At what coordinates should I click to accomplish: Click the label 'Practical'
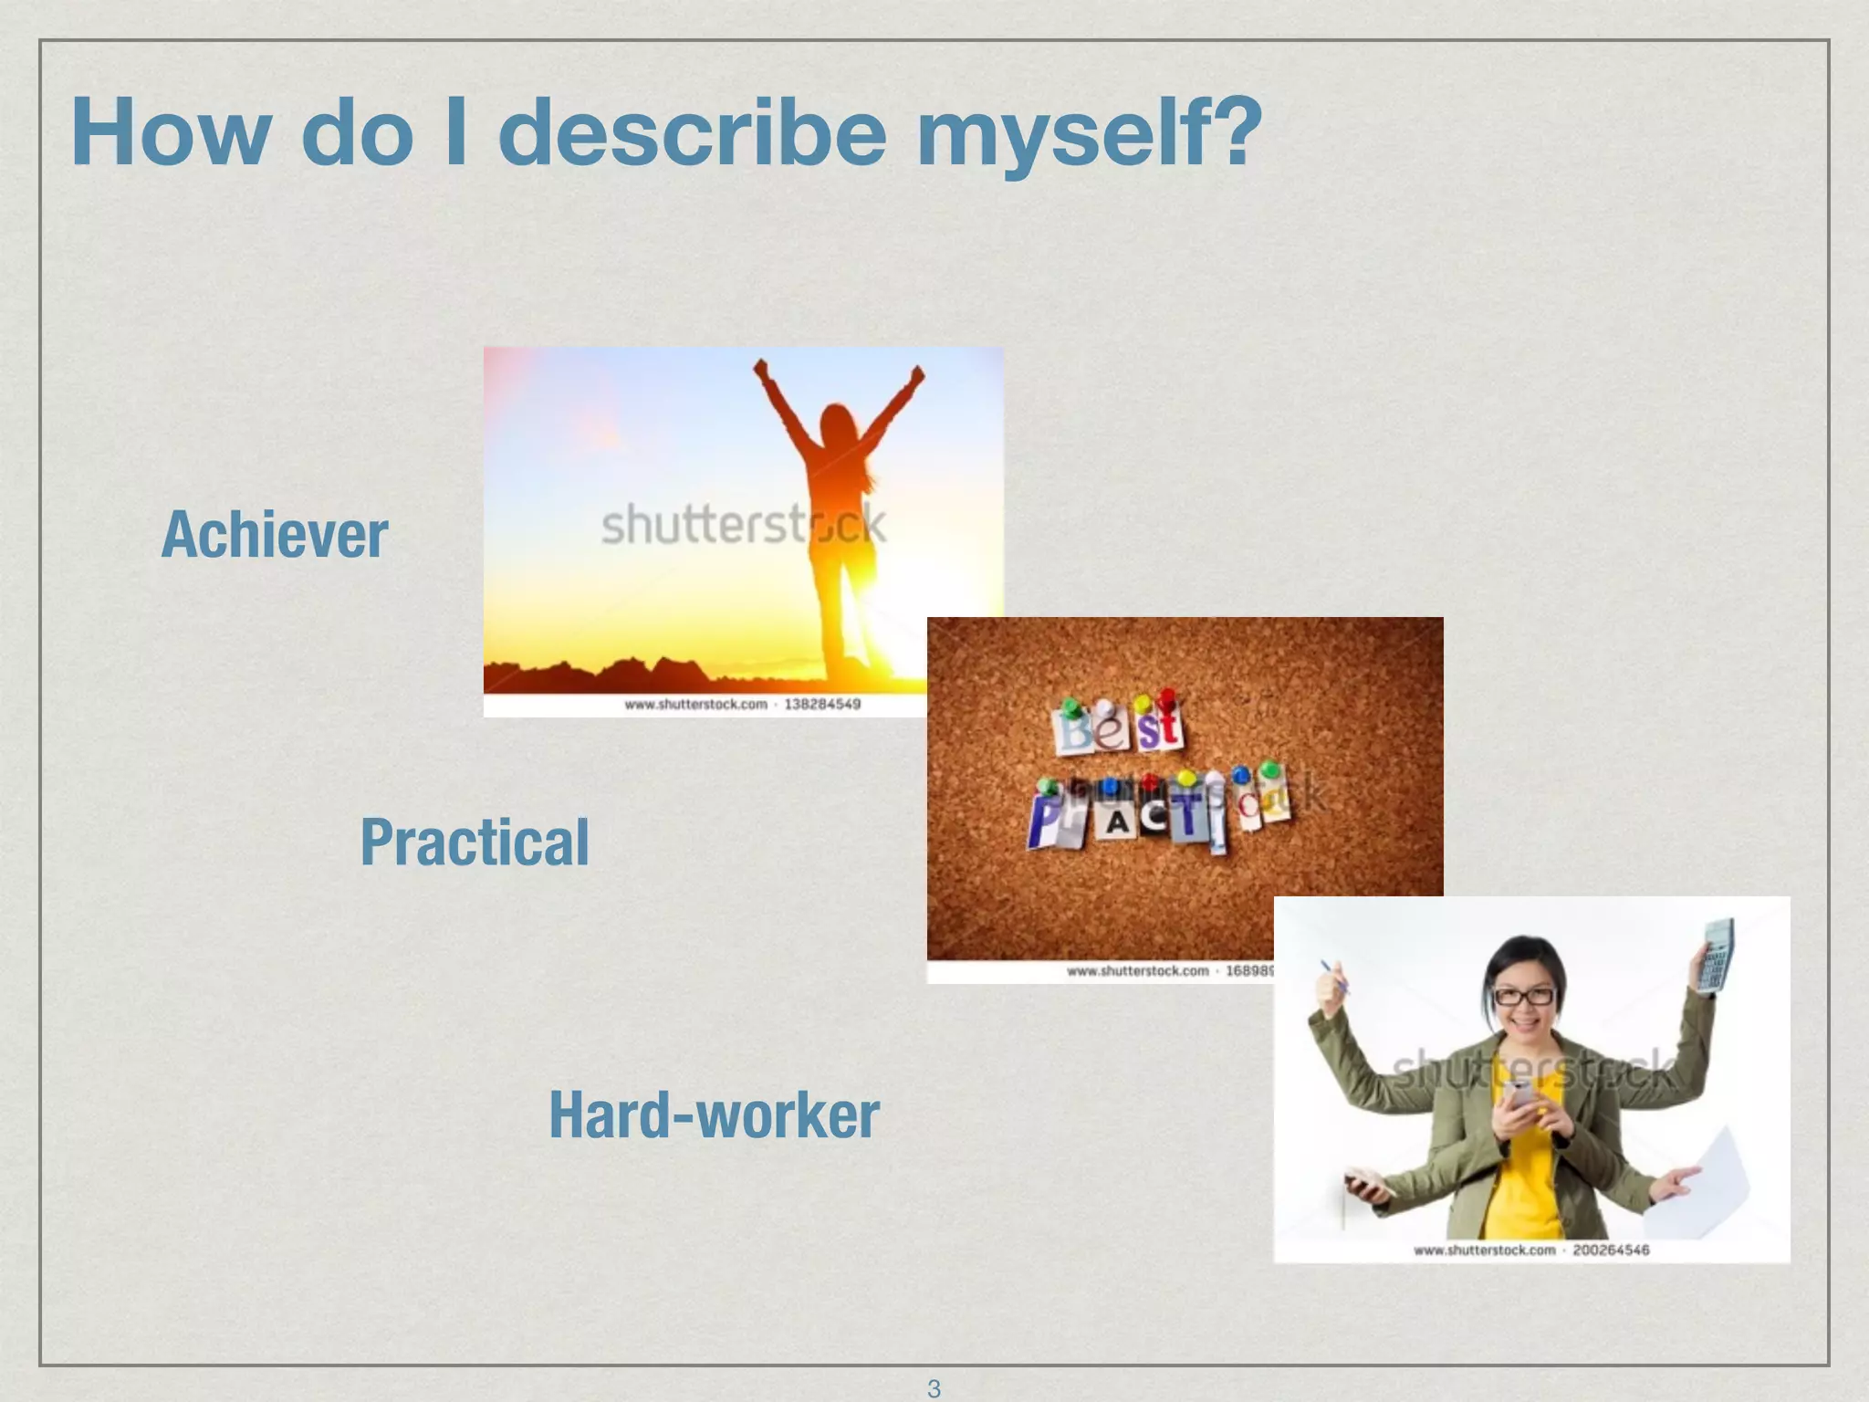click(x=475, y=842)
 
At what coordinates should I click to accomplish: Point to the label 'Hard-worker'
click(x=714, y=1115)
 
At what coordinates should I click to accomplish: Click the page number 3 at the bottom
click(x=934, y=1388)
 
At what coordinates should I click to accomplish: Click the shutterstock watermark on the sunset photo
click(x=742, y=525)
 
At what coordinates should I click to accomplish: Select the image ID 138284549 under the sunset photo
click(x=822, y=704)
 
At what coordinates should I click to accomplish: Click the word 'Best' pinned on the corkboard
click(x=1119, y=727)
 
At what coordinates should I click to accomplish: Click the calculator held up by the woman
click(x=1715, y=956)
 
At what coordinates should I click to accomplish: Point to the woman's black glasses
click(x=1522, y=996)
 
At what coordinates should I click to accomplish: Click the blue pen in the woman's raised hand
click(x=1333, y=976)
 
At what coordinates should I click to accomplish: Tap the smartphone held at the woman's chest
click(x=1520, y=1096)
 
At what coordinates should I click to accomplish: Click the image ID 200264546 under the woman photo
click(x=1611, y=1250)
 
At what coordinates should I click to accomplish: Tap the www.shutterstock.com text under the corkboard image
click(x=1137, y=970)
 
